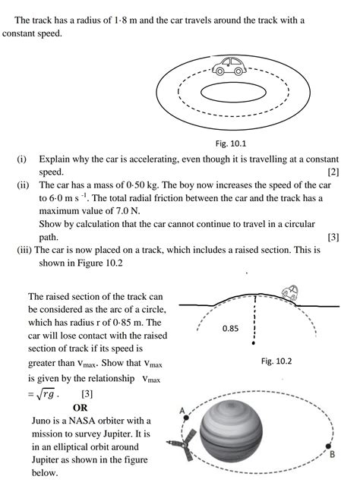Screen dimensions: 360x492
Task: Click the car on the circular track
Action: coord(229,67)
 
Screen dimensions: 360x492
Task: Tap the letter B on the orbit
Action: coord(333,454)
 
